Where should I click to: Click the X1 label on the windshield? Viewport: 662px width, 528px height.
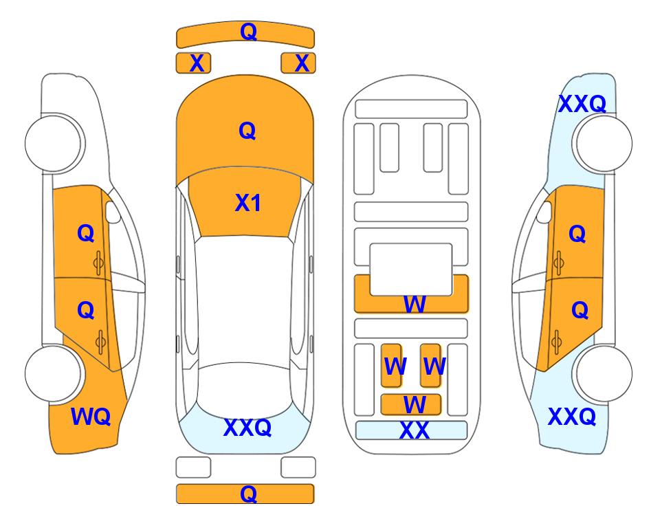[x=247, y=203]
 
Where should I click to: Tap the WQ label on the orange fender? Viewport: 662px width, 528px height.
[x=91, y=417]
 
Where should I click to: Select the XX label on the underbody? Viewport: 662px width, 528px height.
[x=414, y=430]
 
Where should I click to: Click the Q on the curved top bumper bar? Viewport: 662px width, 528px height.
[x=248, y=31]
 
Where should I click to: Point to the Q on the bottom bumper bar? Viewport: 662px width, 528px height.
[x=248, y=494]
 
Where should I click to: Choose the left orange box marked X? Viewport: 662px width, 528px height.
[x=193, y=63]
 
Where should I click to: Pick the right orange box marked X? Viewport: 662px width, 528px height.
[x=298, y=63]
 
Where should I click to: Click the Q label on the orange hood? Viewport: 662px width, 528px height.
[x=247, y=131]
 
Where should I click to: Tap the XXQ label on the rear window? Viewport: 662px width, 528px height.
[x=247, y=428]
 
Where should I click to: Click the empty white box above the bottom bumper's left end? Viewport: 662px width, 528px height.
[x=193, y=467]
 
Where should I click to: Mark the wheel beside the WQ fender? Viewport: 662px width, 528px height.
[x=53, y=374]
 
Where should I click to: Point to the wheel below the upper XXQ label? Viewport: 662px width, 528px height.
[x=604, y=143]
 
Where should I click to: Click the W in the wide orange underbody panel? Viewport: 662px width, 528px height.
[x=414, y=304]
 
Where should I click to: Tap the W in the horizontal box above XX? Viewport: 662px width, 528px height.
[x=414, y=405]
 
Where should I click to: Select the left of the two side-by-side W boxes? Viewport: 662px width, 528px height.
[x=391, y=365]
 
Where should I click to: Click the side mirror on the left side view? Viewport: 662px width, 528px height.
[x=112, y=212]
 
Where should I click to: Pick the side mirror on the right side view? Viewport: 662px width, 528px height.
[x=544, y=212]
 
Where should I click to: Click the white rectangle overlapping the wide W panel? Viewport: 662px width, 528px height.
[x=411, y=269]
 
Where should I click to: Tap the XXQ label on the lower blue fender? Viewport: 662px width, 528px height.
[x=572, y=417]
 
